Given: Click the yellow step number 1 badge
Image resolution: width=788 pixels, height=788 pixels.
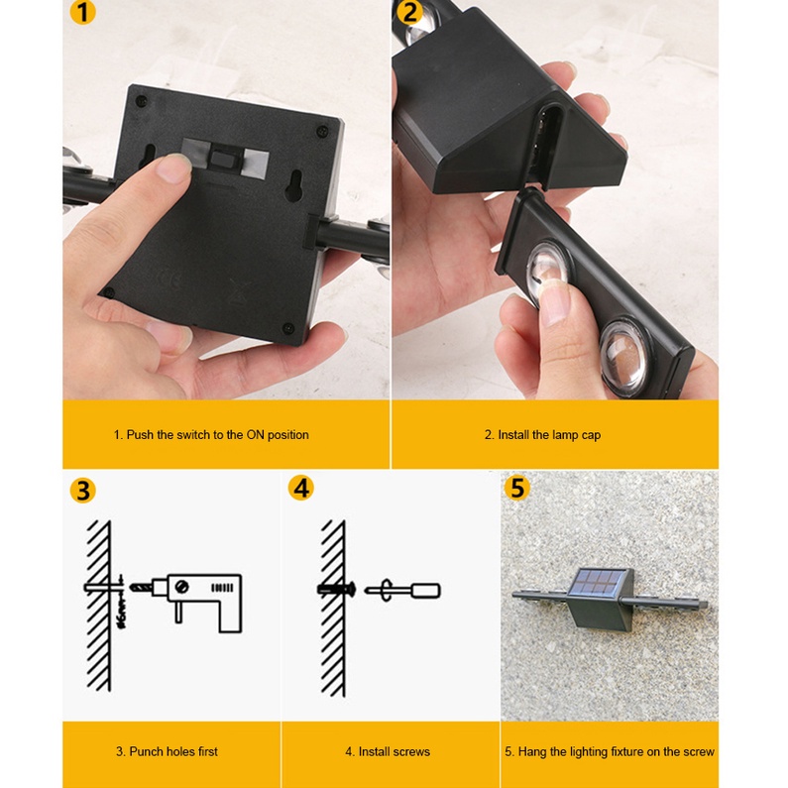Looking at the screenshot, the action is point(83,13).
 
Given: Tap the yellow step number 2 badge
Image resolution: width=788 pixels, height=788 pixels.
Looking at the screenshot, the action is point(410,12).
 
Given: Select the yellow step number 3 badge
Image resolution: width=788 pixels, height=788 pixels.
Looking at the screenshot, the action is point(83,491).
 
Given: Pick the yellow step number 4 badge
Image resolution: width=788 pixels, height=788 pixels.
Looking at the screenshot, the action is point(301,488).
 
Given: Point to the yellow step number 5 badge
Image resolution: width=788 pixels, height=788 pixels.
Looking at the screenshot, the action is point(517,488).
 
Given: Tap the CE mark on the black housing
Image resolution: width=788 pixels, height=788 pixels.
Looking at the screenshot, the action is point(169,279).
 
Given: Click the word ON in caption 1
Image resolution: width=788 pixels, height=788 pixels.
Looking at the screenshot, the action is point(255,435).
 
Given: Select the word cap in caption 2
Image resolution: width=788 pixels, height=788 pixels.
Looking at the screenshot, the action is point(591,436).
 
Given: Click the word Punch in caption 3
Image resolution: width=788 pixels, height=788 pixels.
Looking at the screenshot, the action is point(146,751).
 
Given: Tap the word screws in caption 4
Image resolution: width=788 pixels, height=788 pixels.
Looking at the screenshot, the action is point(411,751).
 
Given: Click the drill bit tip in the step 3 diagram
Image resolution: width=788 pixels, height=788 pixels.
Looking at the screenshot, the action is point(132,587).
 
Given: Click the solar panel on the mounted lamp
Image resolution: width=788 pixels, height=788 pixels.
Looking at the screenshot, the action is point(599,582).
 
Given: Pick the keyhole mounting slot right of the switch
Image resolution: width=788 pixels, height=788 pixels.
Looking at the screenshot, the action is point(294,185).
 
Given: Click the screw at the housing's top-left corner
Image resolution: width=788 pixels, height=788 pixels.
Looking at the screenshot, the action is point(142,100).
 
